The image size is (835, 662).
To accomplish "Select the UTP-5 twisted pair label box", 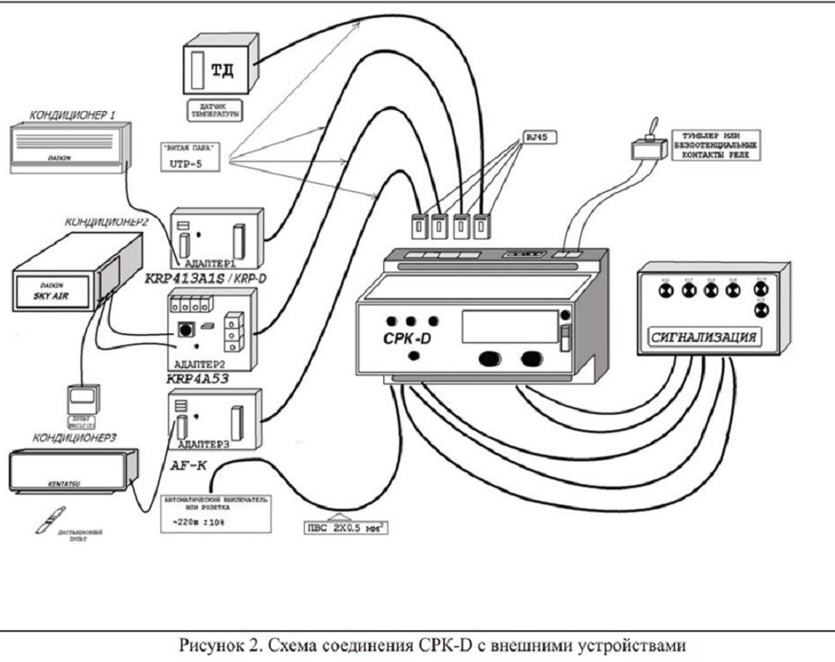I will (187, 157).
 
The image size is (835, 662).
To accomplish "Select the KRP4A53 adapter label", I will (199, 376).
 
